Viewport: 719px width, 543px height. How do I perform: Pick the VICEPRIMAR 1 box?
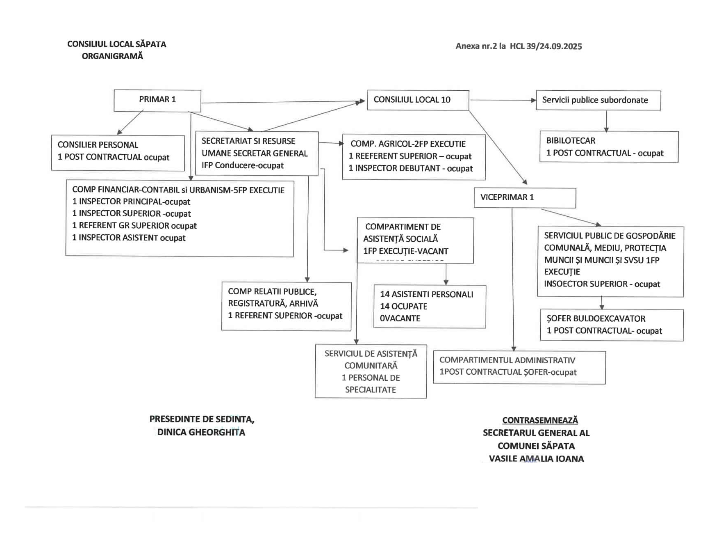click(x=524, y=197)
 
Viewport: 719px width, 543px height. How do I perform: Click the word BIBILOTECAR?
click(x=571, y=141)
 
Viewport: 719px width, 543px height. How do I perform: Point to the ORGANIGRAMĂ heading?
click(x=112, y=56)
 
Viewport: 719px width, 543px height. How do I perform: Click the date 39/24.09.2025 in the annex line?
click(x=554, y=46)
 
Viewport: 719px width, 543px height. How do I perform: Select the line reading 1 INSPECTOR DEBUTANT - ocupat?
click(x=410, y=169)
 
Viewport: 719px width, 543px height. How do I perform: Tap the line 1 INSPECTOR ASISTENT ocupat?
click(x=129, y=238)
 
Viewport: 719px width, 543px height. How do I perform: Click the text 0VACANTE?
click(x=400, y=318)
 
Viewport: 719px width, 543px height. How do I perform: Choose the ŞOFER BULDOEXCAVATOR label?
click(x=596, y=319)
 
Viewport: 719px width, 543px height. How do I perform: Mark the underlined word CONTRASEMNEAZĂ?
click(x=540, y=420)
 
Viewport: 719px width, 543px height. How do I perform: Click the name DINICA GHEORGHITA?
click(x=201, y=433)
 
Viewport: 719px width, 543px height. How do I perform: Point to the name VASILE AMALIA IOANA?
click(x=536, y=459)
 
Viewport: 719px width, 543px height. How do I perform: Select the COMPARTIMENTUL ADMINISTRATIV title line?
click(x=507, y=360)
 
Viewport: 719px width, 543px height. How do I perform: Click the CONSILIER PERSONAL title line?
click(x=98, y=145)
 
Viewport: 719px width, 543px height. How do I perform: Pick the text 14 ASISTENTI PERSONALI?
click(x=426, y=294)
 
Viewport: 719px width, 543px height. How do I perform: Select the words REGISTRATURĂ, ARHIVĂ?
click(x=273, y=304)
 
